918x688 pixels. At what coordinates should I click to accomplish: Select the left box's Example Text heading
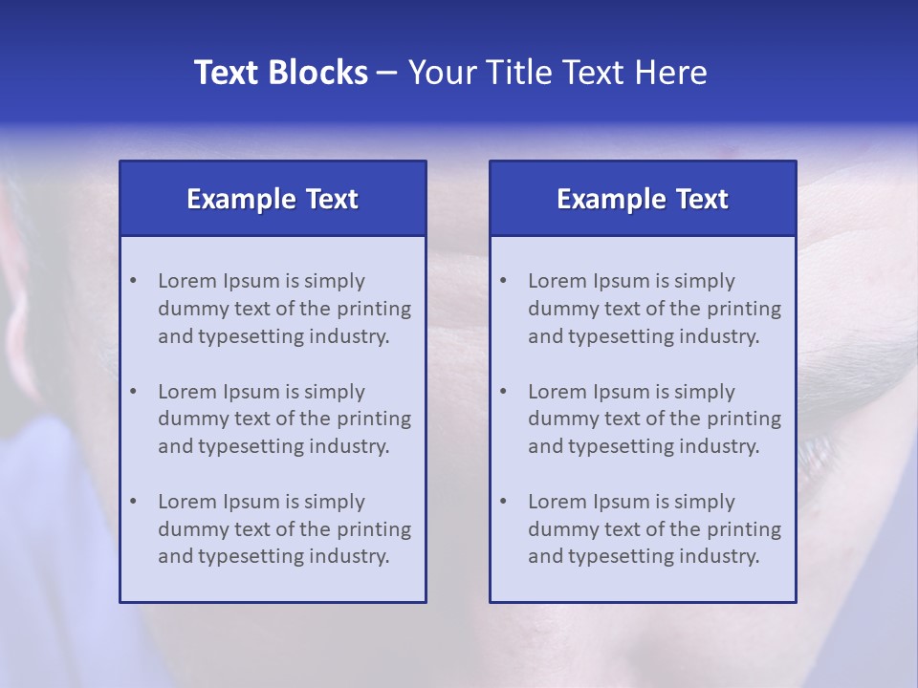273,199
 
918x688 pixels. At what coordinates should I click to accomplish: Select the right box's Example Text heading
643,199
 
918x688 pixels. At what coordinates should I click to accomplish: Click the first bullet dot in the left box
133,281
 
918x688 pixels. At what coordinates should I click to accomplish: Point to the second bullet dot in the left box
133,392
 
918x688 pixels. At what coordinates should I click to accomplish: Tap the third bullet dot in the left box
133,502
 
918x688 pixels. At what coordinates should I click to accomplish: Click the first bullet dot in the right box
503,281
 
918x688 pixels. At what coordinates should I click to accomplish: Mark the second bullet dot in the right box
503,392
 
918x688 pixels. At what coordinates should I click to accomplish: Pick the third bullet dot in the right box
503,502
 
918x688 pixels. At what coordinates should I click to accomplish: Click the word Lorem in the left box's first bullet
187,281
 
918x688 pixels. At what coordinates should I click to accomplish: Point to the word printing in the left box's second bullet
374,419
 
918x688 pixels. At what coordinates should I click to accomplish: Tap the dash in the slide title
387,73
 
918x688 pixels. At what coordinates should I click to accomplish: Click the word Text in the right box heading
702,199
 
